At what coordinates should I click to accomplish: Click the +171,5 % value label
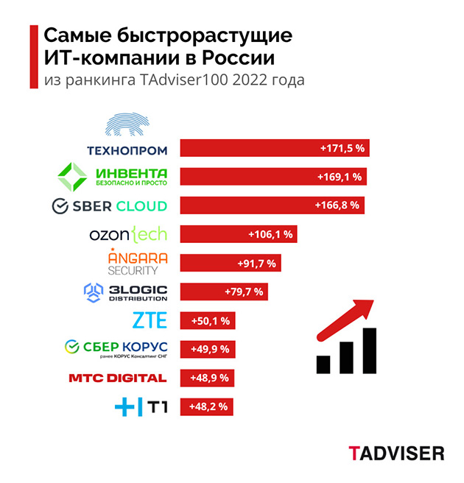point(342,148)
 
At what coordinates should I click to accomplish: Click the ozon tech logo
point(128,234)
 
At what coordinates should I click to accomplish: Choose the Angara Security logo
point(138,262)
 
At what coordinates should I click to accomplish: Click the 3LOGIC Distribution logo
point(127,292)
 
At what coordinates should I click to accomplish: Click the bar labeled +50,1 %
point(210,321)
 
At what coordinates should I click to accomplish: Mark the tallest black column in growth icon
point(369,350)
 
